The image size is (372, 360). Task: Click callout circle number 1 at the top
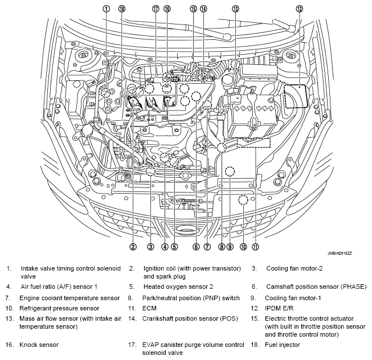point(106,9)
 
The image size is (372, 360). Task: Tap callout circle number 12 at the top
point(300,9)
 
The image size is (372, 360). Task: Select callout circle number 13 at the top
point(235,9)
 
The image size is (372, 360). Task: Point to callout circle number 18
point(121,9)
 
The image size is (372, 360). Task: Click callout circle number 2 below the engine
point(132,247)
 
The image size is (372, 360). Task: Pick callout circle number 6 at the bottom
point(195,247)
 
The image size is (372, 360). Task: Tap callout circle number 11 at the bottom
point(256,247)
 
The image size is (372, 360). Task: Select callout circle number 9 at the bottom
point(230,247)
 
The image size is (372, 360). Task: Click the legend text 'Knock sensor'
point(39,345)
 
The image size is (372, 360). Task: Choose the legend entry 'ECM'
point(150,308)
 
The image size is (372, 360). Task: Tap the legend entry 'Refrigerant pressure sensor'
point(59,308)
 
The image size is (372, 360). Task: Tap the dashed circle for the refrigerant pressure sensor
point(243,199)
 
